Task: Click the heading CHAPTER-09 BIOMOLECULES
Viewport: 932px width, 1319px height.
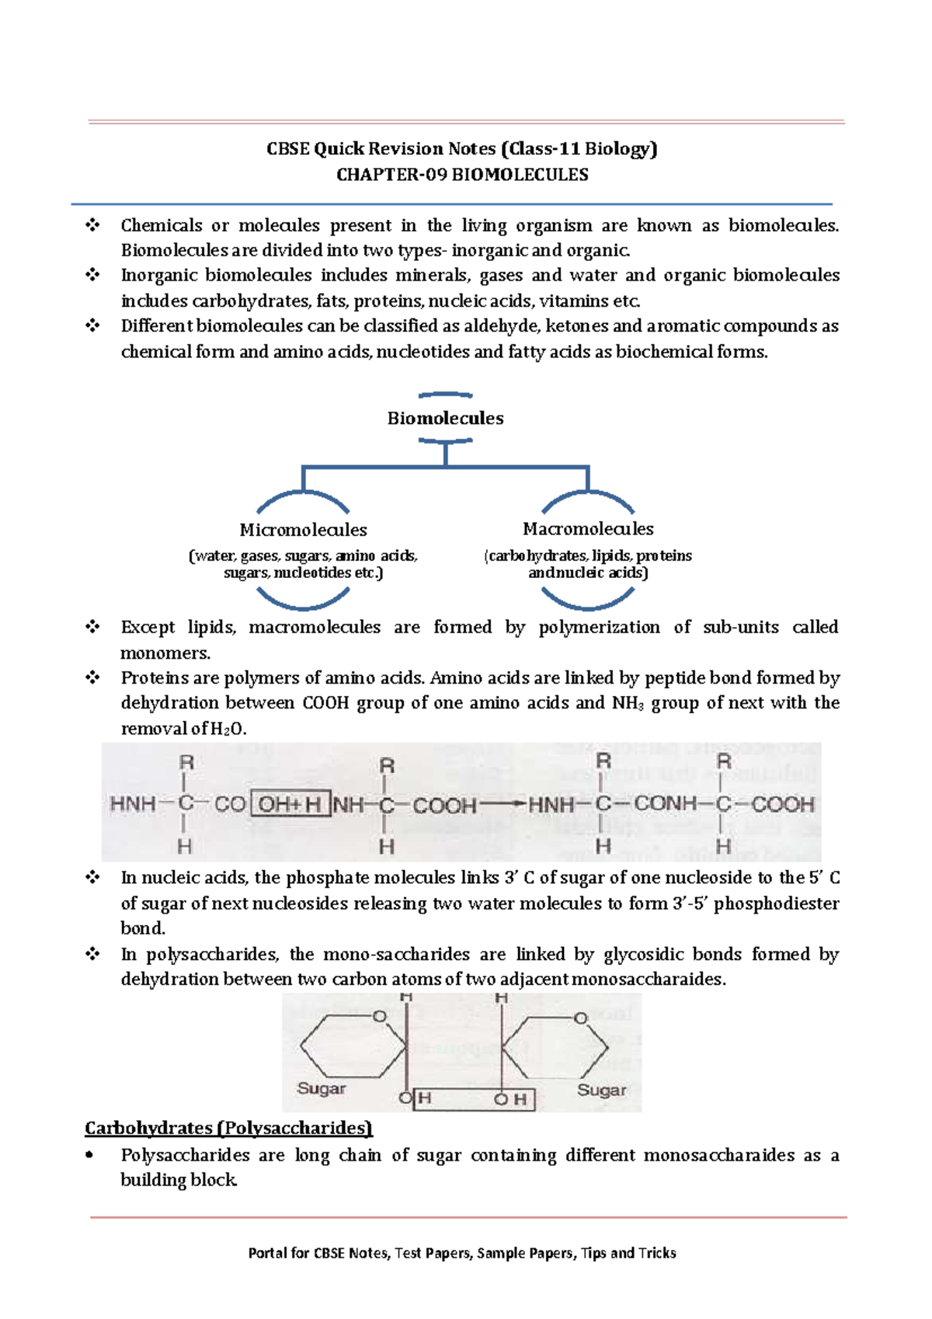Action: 462,175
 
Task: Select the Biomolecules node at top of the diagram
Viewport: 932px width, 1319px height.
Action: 445,418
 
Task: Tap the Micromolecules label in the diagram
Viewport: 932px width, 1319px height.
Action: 303,530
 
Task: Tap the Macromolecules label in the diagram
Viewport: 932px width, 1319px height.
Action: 588,529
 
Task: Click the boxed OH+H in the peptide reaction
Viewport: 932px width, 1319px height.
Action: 290,804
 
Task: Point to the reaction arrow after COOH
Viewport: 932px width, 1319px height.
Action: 503,804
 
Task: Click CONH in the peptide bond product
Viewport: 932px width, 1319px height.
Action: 666,803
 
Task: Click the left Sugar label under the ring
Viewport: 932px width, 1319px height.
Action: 321,1088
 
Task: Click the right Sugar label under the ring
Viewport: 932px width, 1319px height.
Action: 601,1090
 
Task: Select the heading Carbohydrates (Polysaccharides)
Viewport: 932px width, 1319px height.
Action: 228,1128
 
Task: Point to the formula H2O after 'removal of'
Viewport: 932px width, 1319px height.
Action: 228,729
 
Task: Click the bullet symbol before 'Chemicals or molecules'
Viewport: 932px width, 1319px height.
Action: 93,225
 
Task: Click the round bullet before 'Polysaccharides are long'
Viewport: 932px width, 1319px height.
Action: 90,1155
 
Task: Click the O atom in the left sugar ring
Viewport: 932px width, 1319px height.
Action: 379,1016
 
